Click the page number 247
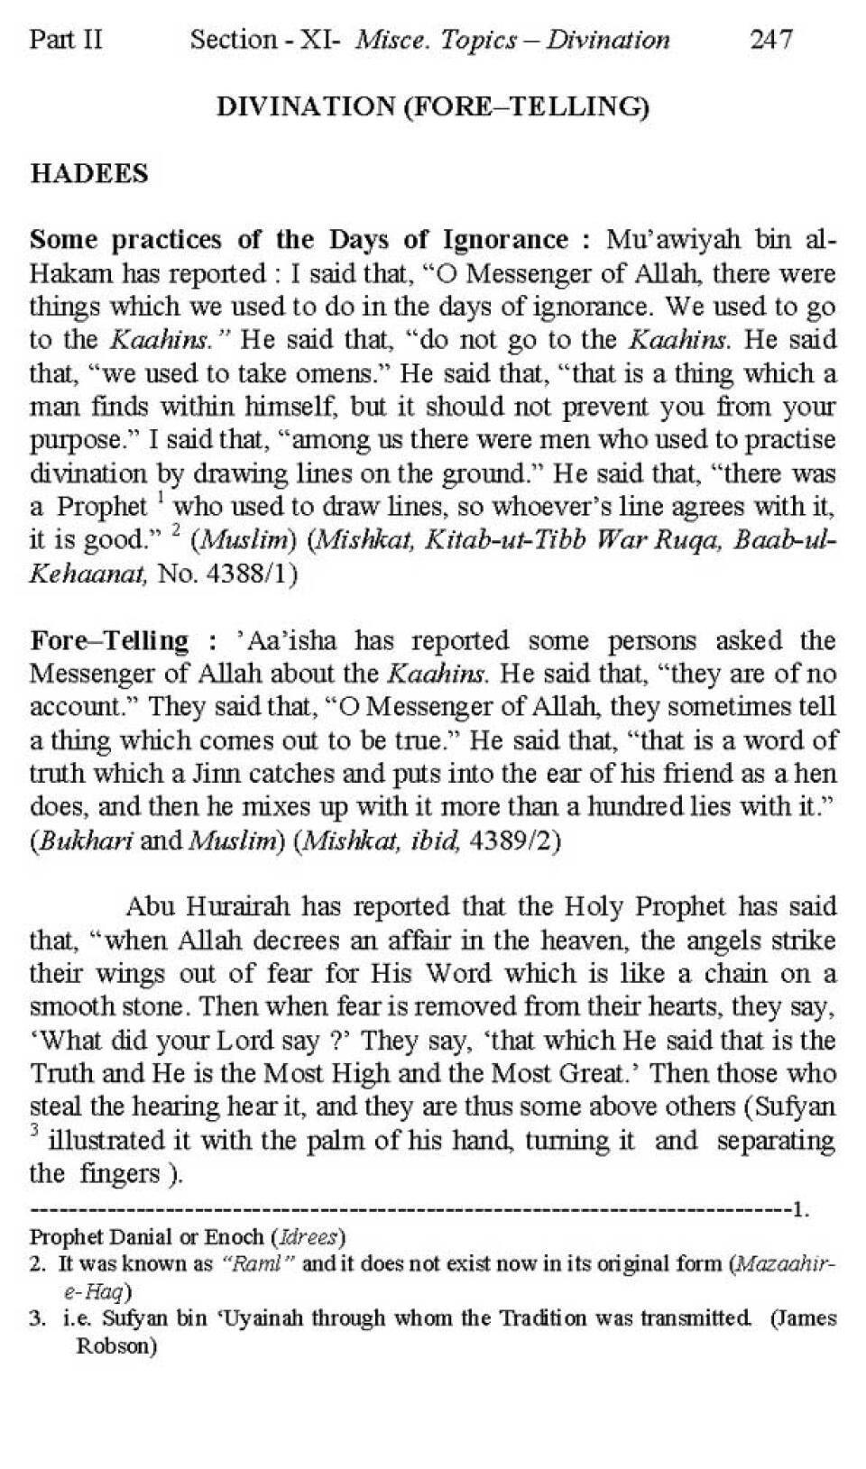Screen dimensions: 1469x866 pyautogui.click(x=770, y=40)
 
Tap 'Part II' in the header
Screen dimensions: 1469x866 pyautogui.click(x=66, y=40)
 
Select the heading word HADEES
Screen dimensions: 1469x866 pyautogui.click(x=88, y=173)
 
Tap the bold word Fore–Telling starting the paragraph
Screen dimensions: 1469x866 pyautogui.click(x=109, y=640)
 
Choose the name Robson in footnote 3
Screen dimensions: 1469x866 pyautogui.click(x=114, y=1347)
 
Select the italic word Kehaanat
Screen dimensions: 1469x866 pyautogui.click(x=88, y=574)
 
